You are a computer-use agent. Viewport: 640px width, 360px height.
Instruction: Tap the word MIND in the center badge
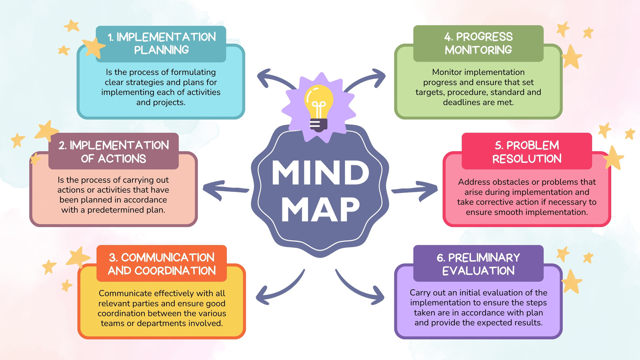[x=320, y=173]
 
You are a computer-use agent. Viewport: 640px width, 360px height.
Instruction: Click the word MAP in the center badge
[x=320, y=209]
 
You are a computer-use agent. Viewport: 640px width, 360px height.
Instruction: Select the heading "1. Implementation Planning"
[x=162, y=44]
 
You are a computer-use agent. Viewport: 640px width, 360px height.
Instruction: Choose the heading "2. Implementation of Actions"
[x=114, y=152]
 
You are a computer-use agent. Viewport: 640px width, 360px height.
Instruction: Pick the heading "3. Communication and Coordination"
[x=162, y=264]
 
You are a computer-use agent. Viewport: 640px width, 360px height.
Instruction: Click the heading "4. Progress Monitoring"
[x=478, y=43]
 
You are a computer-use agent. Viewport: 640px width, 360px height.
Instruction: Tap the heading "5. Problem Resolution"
[x=527, y=152]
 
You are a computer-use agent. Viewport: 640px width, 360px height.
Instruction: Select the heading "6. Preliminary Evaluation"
[x=478, y=264]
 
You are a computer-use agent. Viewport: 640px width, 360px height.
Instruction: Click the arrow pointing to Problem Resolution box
[x=415, y=190]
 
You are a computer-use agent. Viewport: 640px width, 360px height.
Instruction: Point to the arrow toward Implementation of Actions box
[x=226, y=190]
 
